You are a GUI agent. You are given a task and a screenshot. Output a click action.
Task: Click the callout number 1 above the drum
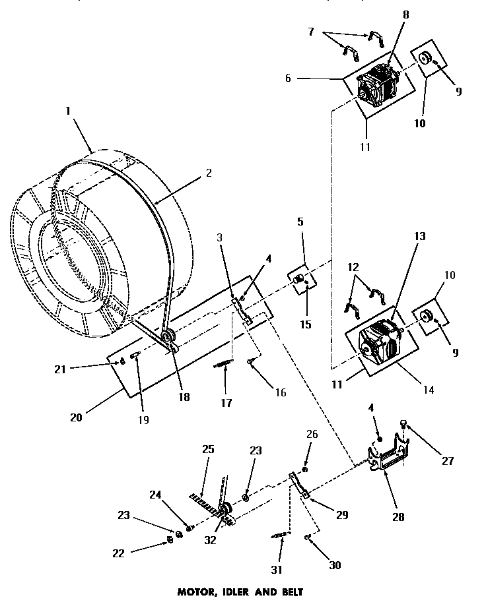point(67,113)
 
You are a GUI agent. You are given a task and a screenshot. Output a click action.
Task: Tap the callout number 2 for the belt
point(208,174)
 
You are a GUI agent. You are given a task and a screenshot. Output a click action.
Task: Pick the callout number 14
point(428,390)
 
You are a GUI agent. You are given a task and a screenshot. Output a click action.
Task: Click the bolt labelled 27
point(405,425)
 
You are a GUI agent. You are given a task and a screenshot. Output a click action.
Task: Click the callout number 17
point(226,402)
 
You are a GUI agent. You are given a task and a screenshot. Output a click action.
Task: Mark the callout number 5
point(300,222)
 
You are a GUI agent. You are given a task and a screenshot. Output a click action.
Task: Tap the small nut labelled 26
point(304,469)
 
